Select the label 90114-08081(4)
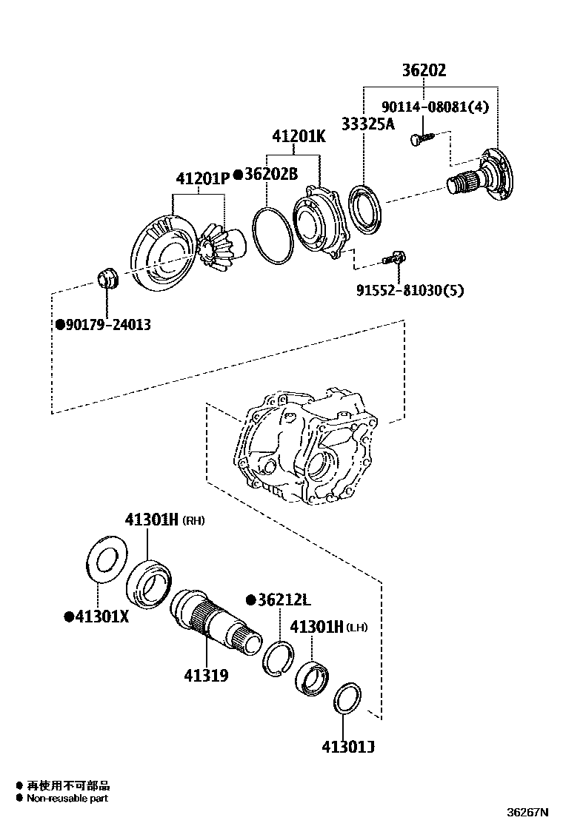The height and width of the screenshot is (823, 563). [435, 106]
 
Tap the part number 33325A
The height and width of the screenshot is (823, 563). [367, 124]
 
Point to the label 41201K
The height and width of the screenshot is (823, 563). [298, 137]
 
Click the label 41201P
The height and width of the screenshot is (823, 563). [201, 178]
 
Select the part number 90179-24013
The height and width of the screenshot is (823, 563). [107, 324]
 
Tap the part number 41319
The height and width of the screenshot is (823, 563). [206, 675]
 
